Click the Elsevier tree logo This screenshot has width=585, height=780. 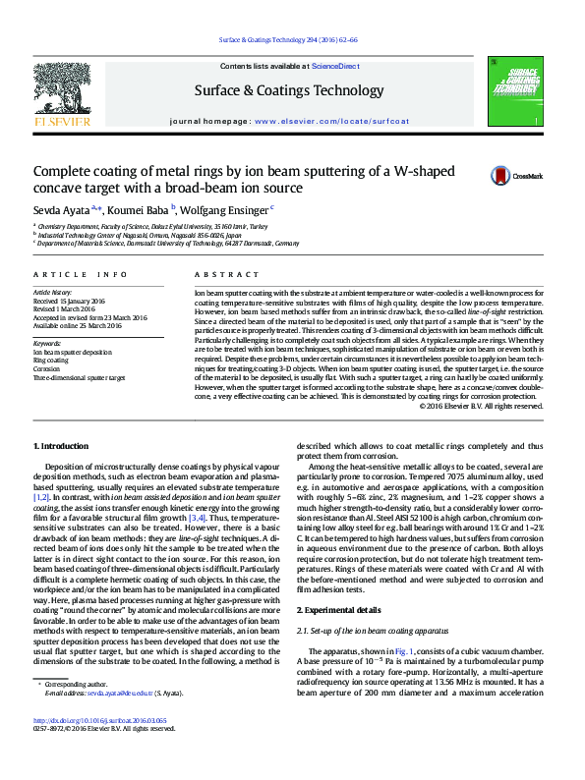point(63,92)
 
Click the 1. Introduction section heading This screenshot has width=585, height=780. point(61,446)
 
